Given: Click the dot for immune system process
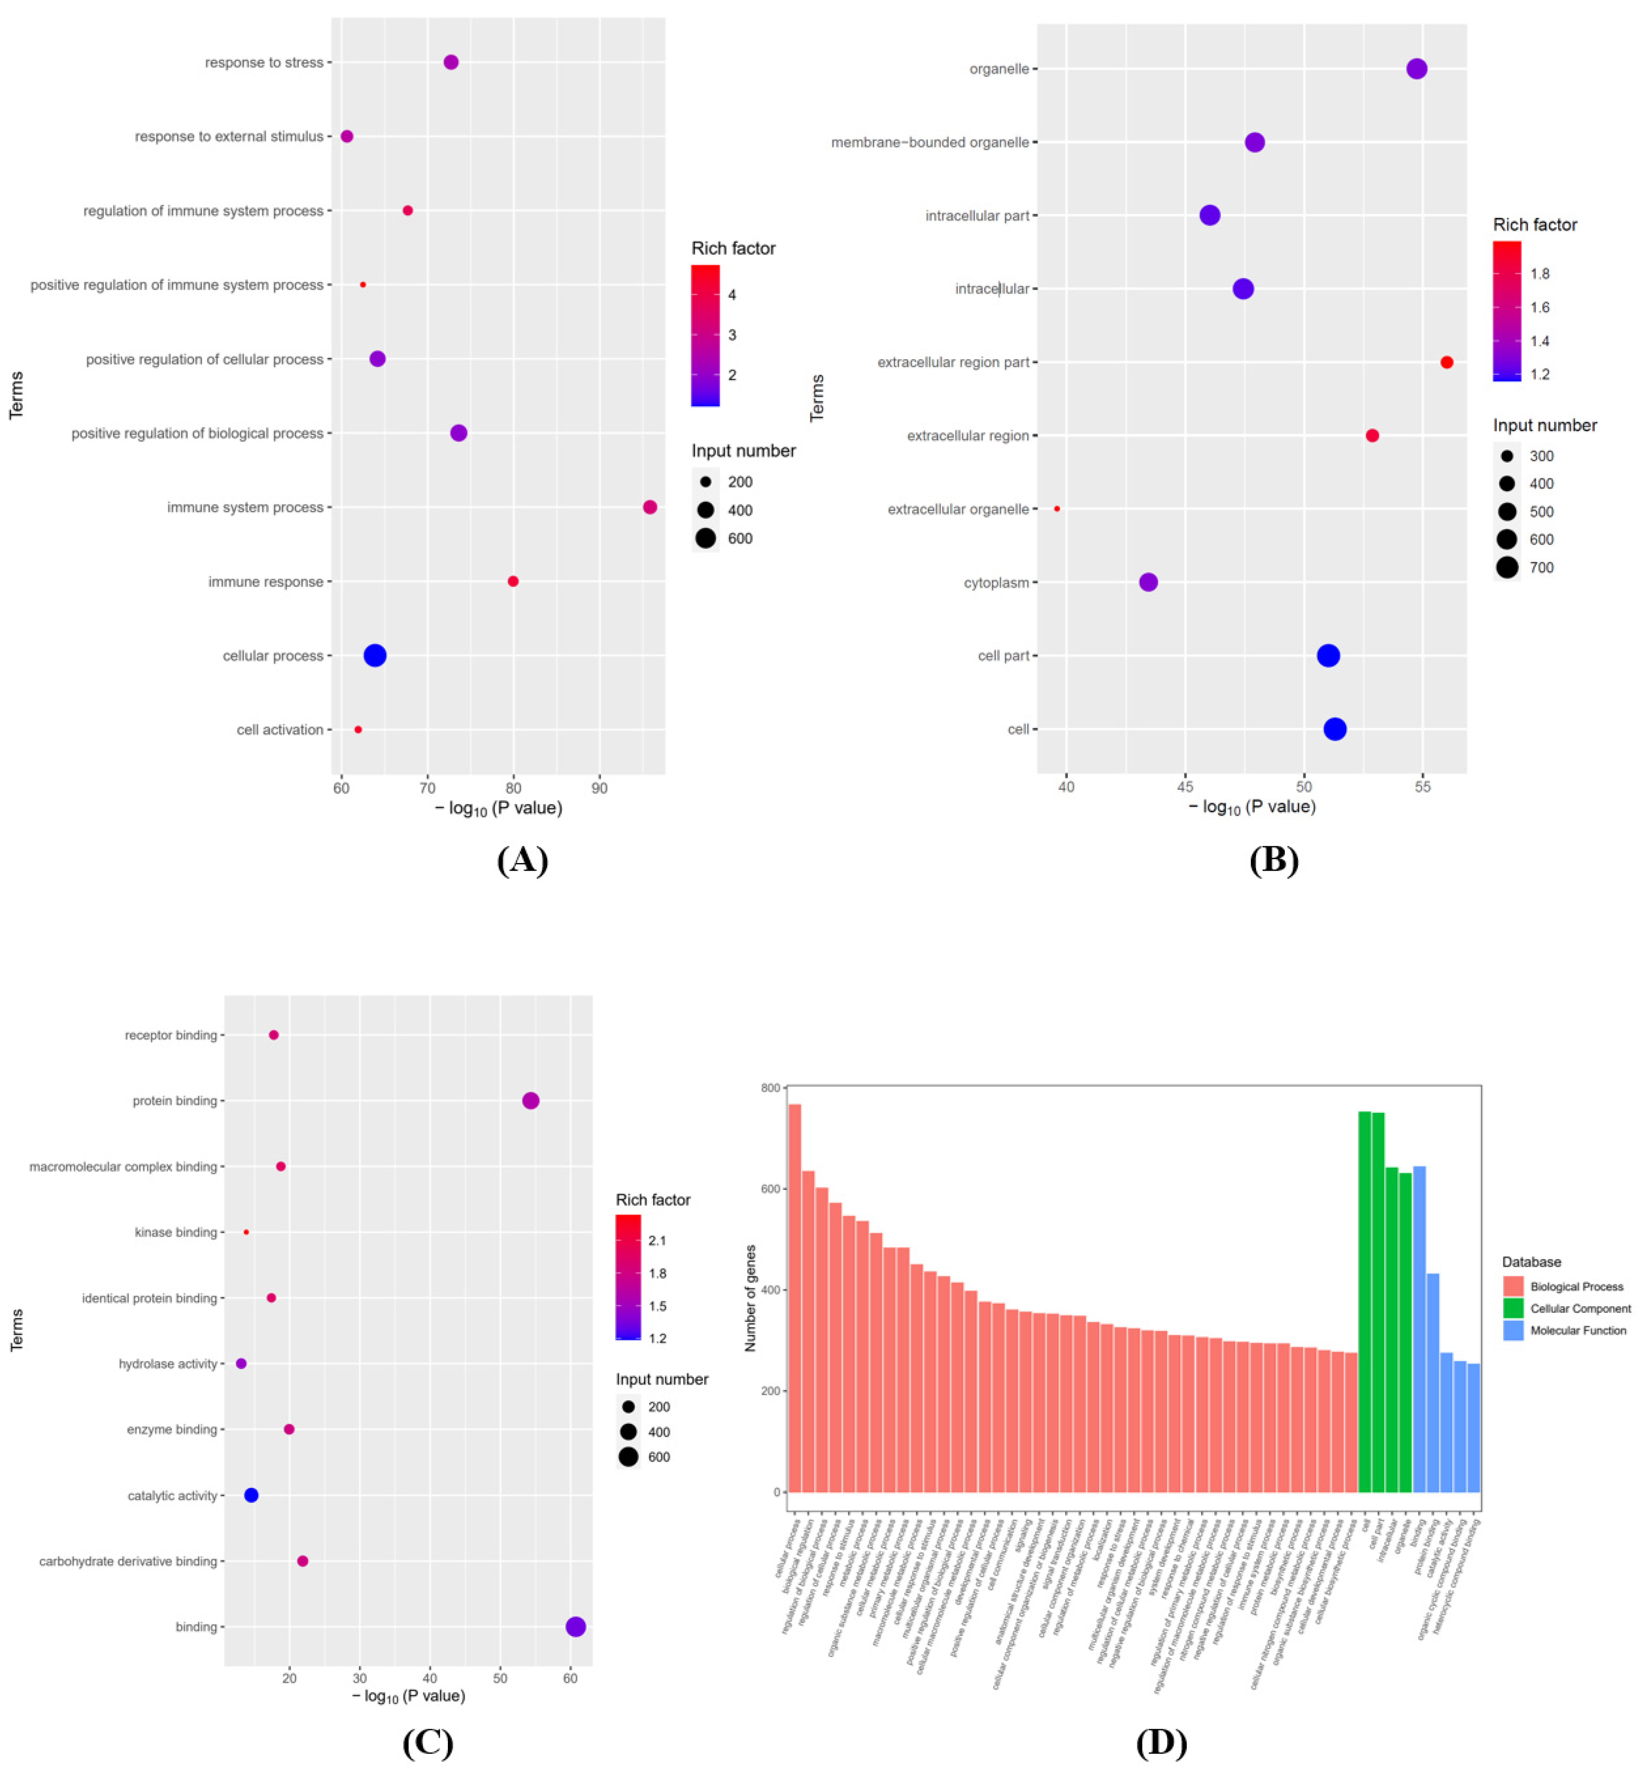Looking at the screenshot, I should point(649,507).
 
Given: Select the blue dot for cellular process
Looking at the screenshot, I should point(375,655).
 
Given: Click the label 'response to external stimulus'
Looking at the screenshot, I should point(229,137).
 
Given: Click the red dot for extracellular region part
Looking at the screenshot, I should point(1447,362).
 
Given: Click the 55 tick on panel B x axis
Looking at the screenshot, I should point(1423,787).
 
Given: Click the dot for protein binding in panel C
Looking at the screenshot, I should point(530,1101).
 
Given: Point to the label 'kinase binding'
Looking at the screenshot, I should point(176,1233).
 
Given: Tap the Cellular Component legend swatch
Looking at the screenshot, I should point(1513,1308).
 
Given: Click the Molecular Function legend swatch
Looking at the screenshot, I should point(1513,1330).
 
